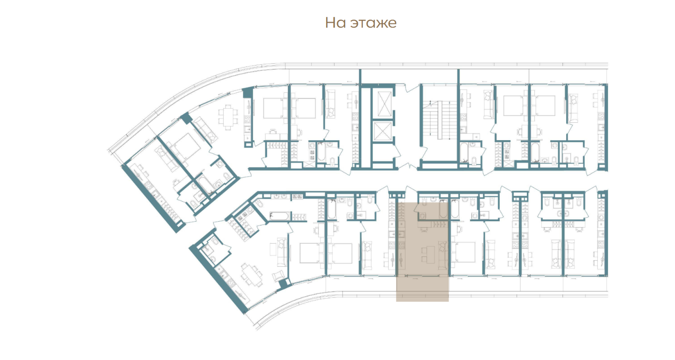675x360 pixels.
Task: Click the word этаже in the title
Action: coord(373,23)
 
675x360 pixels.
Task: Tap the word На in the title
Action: coord(336,23)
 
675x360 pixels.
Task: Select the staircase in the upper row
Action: coord(440,120)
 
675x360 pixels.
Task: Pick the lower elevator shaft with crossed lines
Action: coord(382,131)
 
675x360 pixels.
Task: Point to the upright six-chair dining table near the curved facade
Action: coord(228,117)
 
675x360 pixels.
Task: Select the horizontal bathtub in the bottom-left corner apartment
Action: coord(280,216)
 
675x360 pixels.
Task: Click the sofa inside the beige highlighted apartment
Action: coord(443,255)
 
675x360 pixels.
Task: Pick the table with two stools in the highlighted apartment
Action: coord(428,255)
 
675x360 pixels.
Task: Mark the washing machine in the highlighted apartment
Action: coord(422,216)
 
